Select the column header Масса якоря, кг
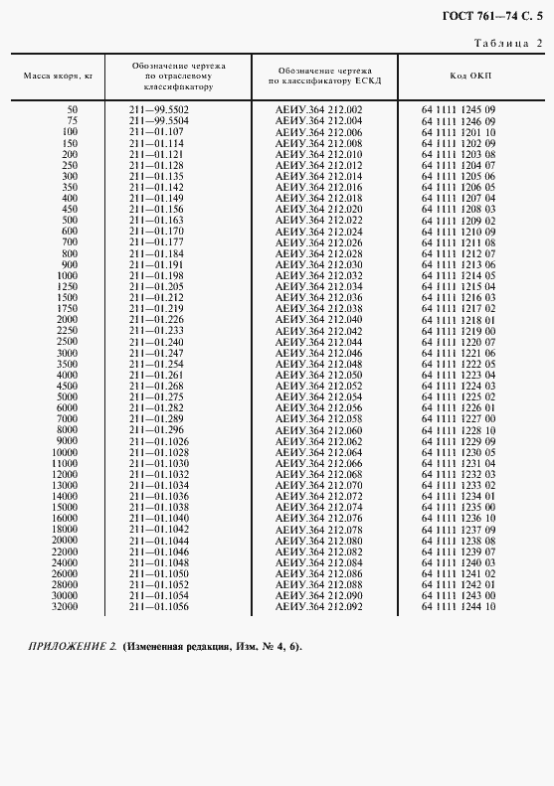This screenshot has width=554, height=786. tap(58, 76)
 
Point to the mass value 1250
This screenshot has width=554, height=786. tap(68, 286)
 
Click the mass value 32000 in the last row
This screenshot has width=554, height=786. tap(64, 606)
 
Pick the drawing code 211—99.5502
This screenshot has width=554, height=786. tap(159, 108)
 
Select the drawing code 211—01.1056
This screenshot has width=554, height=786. tap(159, 606)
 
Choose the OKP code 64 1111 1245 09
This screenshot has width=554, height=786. tap(458, 108)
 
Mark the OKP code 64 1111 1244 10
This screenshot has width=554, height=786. tap(458, 606)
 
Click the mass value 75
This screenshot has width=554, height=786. tap(72, 120)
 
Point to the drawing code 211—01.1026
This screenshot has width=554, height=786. tap(159, 440)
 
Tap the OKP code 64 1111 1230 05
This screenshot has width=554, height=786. tap(458, 452)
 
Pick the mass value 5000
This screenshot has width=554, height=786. tap(68, 397)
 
